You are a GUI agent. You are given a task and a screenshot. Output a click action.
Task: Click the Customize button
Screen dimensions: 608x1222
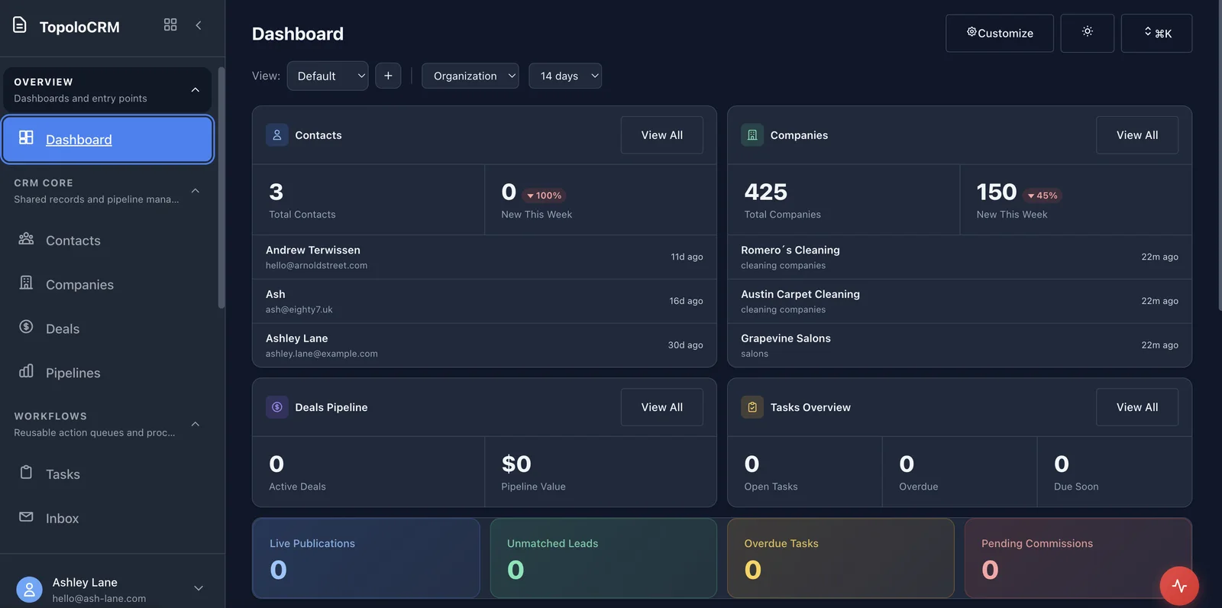coord(999,33)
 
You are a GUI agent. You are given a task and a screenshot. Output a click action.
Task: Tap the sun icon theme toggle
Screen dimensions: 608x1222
coord(1087,33)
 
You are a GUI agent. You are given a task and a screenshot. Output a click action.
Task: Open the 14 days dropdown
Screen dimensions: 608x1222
coord(565,76)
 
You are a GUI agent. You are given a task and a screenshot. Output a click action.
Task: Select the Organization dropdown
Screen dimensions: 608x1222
coord(470,76)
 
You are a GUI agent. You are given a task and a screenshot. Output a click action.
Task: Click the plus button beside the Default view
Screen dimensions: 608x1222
coord(388,76)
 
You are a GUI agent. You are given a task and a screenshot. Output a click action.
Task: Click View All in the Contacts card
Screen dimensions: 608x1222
coord(661,135)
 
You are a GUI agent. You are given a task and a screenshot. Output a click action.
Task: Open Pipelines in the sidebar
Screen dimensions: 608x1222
coord(73,373)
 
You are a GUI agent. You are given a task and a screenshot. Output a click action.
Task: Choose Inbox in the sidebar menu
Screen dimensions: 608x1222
coord(62,519)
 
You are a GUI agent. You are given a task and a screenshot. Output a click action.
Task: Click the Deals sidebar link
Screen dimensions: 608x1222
coord(62,329)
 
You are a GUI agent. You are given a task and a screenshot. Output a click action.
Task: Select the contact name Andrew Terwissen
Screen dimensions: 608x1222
coord(313,250)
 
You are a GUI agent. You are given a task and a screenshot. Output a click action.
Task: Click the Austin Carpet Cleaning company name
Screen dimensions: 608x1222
coord(800,294)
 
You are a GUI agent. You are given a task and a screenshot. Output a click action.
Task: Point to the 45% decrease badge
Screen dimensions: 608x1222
coord(1043,196)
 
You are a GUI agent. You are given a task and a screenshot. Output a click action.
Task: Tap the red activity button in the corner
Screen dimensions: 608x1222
coord(1178,586)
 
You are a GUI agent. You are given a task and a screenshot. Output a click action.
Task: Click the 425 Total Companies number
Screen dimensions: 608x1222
coord(765,192)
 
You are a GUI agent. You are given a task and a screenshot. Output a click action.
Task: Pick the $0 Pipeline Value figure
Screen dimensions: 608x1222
coord(516,464)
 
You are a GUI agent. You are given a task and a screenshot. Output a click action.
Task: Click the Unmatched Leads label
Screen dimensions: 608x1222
coord(552,543)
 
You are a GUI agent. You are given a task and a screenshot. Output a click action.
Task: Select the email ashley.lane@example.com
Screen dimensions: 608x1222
coord(322,354)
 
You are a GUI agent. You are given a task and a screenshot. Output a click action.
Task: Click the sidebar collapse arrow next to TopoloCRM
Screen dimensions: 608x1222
coord(199,25)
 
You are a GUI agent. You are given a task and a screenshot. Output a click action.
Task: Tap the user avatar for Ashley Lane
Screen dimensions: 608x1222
coord(29,590)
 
